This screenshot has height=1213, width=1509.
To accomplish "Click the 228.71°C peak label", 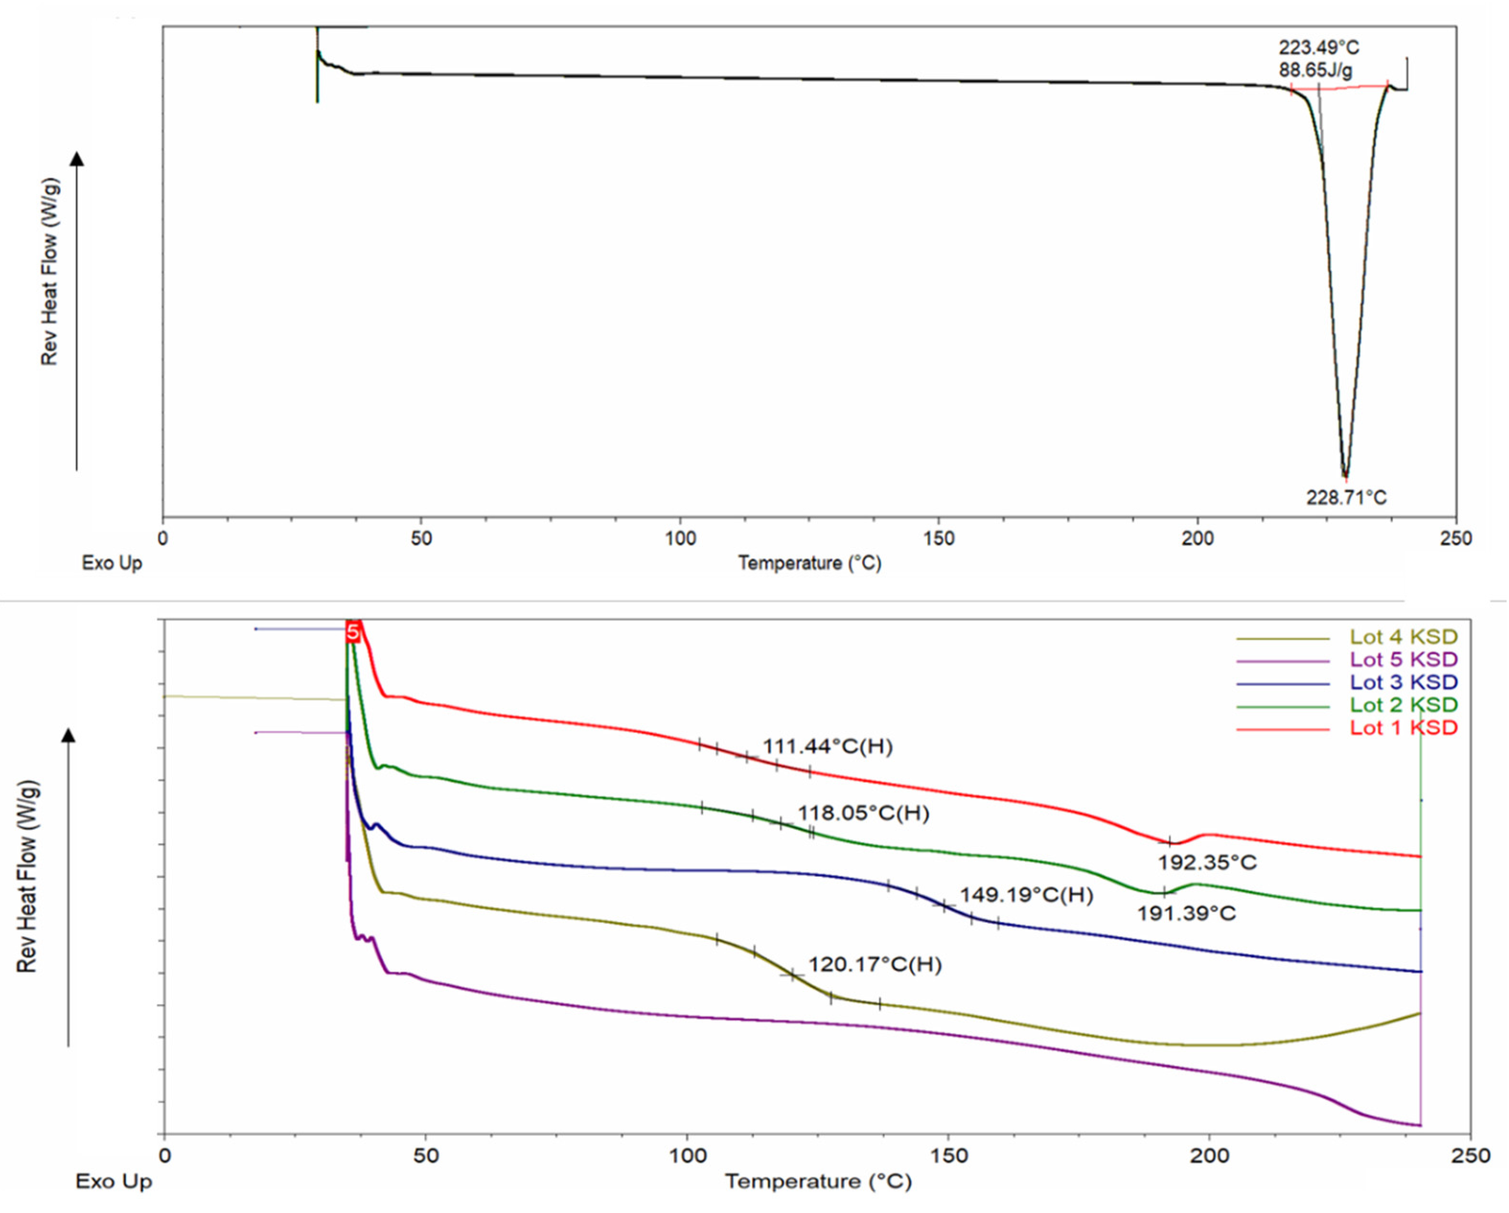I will click(1346, 498).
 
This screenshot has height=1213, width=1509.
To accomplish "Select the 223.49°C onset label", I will click(1319, 47).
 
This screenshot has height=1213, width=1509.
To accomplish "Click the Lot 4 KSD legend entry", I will click(1403, 637).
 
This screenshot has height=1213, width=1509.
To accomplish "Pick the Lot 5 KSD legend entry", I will click(1403, 660).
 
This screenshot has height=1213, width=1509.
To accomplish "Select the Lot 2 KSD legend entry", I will click(1403, 705).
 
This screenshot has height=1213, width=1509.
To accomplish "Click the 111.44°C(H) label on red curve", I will click(827, 747).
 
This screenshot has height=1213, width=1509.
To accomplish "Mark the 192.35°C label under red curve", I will click(1207, 862).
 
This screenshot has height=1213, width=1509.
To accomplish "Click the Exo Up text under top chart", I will click(112, 563).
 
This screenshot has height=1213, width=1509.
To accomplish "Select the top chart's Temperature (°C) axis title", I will click(810, 563).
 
